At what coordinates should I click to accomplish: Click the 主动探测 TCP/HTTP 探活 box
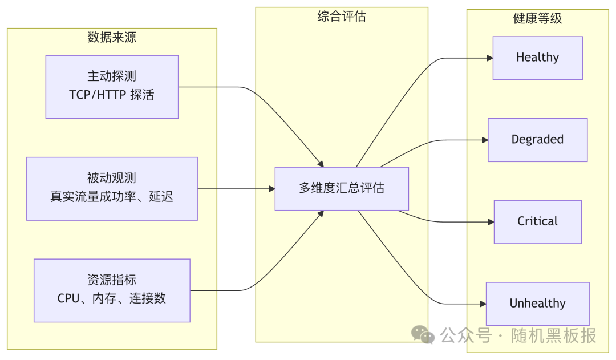pos(112,87)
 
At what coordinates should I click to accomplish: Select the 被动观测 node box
pos(112,189)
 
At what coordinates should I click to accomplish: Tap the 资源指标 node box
pos(112,290)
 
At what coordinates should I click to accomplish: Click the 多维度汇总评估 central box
pos(342,188)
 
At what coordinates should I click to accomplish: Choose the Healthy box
pos(537,58)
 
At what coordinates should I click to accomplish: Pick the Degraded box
pos(537,140)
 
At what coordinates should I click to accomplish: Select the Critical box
pos(537,221)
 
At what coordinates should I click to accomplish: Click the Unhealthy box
pos(537,304)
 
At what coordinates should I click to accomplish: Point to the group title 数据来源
pos(112,38)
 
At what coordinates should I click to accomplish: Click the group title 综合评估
pos(342,17)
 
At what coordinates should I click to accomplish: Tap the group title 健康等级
pos(537,18)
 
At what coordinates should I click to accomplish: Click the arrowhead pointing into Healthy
pos(489,58)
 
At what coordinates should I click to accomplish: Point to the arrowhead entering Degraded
pos(485,140)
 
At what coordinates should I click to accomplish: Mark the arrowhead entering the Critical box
pos(491,222)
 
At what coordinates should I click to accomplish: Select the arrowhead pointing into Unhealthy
pos(483,304)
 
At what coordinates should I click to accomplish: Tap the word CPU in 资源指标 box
pos(68,298)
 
